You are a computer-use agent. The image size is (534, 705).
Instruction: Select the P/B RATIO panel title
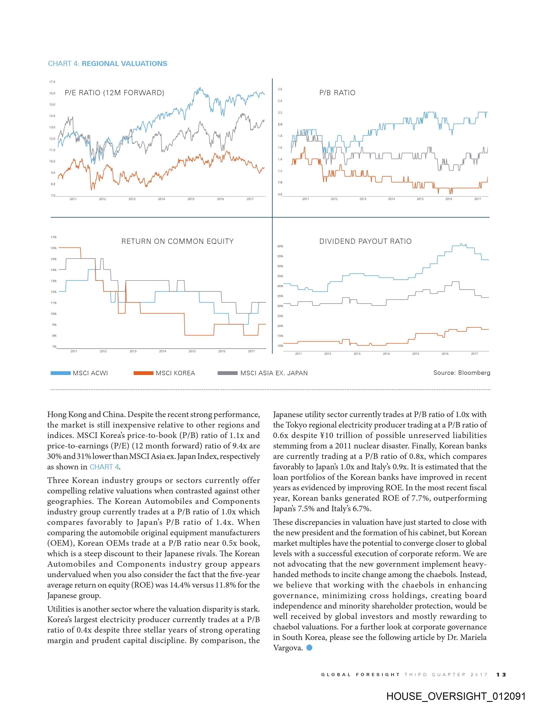tap(337, 93)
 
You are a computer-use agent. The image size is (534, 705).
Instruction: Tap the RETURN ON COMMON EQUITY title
tap(177, 241)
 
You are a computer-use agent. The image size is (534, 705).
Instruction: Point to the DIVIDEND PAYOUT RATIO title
tap(365, 241)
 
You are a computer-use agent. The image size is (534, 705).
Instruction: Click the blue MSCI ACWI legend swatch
tap(61, 373)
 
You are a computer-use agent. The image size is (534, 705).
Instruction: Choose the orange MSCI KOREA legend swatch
tap(143, 373)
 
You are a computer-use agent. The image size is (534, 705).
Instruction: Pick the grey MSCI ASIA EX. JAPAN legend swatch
tap(227, 373)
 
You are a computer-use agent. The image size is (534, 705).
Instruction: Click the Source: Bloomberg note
tap(462, 372)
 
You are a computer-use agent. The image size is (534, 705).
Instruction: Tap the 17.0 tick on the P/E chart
tap(52, 82)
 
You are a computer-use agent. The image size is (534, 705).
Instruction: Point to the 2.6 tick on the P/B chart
tap(280, 89)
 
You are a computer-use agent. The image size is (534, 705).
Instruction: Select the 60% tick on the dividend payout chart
tap(280, 246)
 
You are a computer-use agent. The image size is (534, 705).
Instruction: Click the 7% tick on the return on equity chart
tap(54, 347)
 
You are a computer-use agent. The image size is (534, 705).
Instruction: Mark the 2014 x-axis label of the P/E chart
tap(161, 199)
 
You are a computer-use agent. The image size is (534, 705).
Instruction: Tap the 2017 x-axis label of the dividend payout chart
tap(474, 353)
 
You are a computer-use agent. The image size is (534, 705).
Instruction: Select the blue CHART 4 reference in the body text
tap(104, 467)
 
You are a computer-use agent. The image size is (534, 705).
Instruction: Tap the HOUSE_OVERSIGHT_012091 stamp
tap(456, 696)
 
